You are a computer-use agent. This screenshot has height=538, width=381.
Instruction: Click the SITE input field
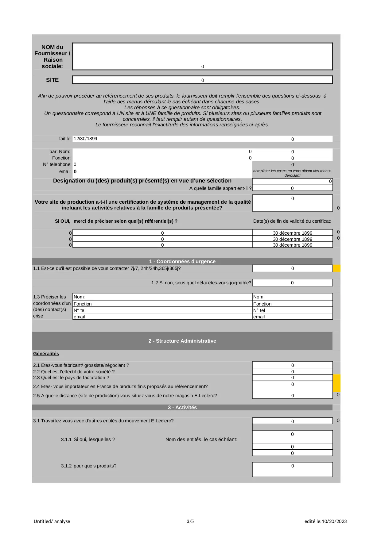pos(202,80)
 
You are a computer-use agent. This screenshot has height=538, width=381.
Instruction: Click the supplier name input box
pos(202,56)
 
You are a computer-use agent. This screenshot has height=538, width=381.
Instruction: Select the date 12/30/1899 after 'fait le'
pos(85,139)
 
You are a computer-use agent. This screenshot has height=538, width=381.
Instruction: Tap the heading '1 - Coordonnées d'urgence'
pos(182,261)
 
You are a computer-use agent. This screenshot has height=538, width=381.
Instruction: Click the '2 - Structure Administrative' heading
pos(182,341)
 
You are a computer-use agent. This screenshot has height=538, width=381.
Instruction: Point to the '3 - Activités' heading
pos(182,407)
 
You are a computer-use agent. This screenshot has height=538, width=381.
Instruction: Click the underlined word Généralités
pos(46,354)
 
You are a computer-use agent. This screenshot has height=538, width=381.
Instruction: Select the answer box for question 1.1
pos(292,268)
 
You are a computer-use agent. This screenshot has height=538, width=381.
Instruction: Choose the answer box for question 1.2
pos(292,282)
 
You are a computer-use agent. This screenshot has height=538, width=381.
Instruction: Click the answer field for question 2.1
pos(292,365)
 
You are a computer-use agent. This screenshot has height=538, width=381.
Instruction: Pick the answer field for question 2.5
pos(292,395)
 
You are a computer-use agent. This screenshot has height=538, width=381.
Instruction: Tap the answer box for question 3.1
pos(292,421)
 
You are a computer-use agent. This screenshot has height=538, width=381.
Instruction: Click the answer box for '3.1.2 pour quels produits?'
pos(292,469)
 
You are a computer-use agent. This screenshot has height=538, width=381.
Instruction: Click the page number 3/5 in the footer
pos(190,521)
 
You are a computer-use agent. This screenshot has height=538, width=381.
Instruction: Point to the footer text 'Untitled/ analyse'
pos(52,521)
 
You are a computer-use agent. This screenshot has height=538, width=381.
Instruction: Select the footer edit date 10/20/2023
pos(334,521)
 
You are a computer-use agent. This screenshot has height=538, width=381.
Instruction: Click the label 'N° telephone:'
pos(57,164)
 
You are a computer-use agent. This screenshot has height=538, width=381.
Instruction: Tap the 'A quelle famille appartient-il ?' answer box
pos(292,188)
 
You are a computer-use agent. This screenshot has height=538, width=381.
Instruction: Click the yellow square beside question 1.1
pos(336,268)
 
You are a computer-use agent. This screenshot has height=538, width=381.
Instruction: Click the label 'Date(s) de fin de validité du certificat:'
pos(292,221)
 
